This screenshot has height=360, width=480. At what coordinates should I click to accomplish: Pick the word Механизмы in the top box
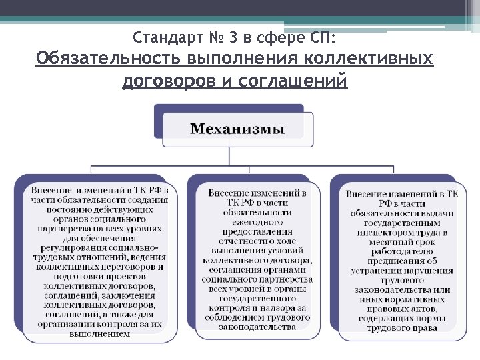[237, 129]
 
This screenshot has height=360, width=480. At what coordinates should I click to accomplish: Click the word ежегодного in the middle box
[257, 221]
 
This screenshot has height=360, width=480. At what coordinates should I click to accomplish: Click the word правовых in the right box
[385, 309]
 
